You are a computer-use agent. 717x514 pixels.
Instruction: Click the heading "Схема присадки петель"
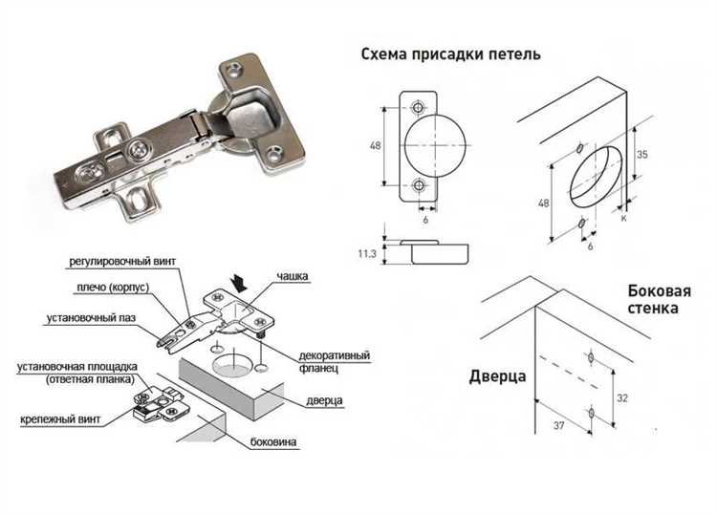pos(450,54)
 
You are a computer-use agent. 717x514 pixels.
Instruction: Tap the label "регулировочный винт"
pos(122,261)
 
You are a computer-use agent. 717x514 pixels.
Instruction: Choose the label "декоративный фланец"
pos(334,363)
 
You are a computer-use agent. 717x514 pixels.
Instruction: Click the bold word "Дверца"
pos(497,376)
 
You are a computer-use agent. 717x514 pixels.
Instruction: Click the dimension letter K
pos(623,219)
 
